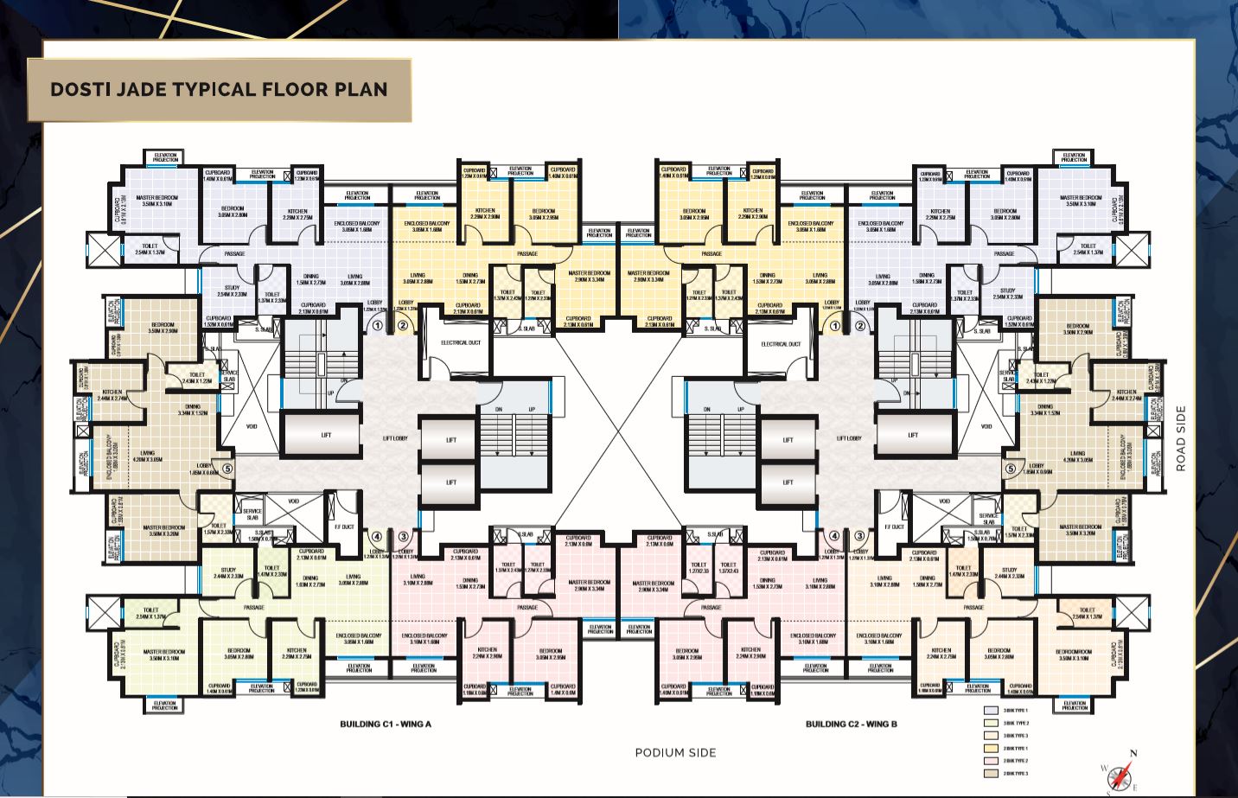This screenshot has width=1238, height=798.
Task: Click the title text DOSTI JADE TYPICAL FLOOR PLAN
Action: (219, 90)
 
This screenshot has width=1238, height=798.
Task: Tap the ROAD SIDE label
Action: (1181, 438)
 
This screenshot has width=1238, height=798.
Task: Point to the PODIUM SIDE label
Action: (675, 752)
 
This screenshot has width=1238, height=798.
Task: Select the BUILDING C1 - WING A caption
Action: (385, 724)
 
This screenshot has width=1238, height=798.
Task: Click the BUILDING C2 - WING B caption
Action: (851, 724)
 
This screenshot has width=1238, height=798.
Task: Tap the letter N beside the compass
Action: (1133, 754)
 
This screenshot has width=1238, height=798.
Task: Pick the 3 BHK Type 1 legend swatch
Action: (991, 711)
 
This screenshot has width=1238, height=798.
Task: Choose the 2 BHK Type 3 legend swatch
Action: (991, 773)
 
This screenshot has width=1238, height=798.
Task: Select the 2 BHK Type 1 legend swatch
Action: (991, 748)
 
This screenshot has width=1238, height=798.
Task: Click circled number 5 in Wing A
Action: (227, 469)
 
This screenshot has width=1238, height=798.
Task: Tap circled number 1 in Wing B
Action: (835, 326)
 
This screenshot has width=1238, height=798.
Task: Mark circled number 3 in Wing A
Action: (403, 536)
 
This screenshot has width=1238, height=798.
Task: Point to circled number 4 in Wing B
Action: (833, 536)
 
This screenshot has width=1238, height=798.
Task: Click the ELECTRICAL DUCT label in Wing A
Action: (461, 343)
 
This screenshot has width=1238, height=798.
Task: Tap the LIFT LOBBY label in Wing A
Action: (395, 438)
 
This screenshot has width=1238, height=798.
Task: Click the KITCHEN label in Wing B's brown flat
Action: (1126, 395)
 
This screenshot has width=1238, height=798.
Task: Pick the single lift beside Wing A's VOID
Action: (325, 435)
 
